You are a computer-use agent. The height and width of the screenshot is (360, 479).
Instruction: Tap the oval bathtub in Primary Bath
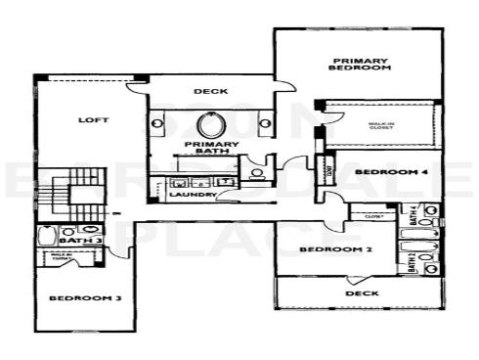coord(211,125)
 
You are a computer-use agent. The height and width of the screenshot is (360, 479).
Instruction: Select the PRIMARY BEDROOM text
coord(360,64)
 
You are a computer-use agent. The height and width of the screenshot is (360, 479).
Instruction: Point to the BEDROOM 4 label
coord(377,172)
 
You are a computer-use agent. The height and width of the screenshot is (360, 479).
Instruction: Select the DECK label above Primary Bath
coord(210,91)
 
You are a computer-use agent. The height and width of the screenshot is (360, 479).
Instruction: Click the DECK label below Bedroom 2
coord(362,292)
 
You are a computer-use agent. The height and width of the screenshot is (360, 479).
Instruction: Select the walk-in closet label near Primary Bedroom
coord(381,125)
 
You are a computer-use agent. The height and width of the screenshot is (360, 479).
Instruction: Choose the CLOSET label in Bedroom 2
coord(371,215)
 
